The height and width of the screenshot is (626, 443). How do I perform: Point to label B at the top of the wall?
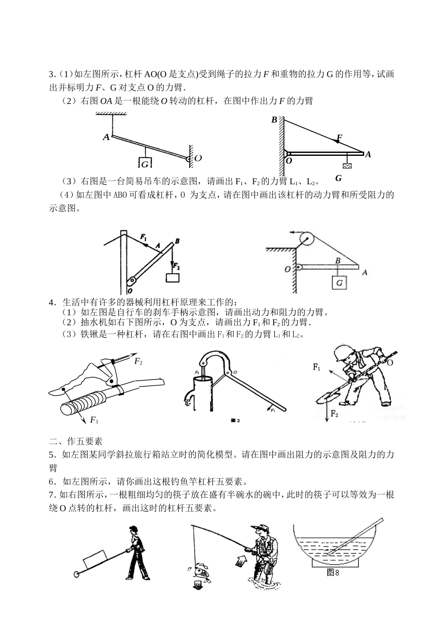coord(274,120)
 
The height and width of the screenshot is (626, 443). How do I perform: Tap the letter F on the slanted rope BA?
coord(339,137)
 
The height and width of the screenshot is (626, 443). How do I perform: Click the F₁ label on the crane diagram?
coord(144,236)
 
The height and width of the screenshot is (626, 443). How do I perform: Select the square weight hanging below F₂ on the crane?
coord(173,277)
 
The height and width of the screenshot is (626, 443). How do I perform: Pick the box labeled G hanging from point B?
coord(339,283)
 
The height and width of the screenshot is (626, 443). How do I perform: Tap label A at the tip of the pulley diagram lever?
coord(365,272)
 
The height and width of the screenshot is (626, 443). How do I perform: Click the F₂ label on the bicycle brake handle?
coord(138,361)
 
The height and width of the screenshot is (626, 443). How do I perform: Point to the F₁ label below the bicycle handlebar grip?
coord(94,420)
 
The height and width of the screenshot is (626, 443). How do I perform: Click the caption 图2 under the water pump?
coord(235,420)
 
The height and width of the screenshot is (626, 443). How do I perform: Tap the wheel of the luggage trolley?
coord(76,574)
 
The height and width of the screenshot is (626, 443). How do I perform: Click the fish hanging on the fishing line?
coord(202,570)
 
